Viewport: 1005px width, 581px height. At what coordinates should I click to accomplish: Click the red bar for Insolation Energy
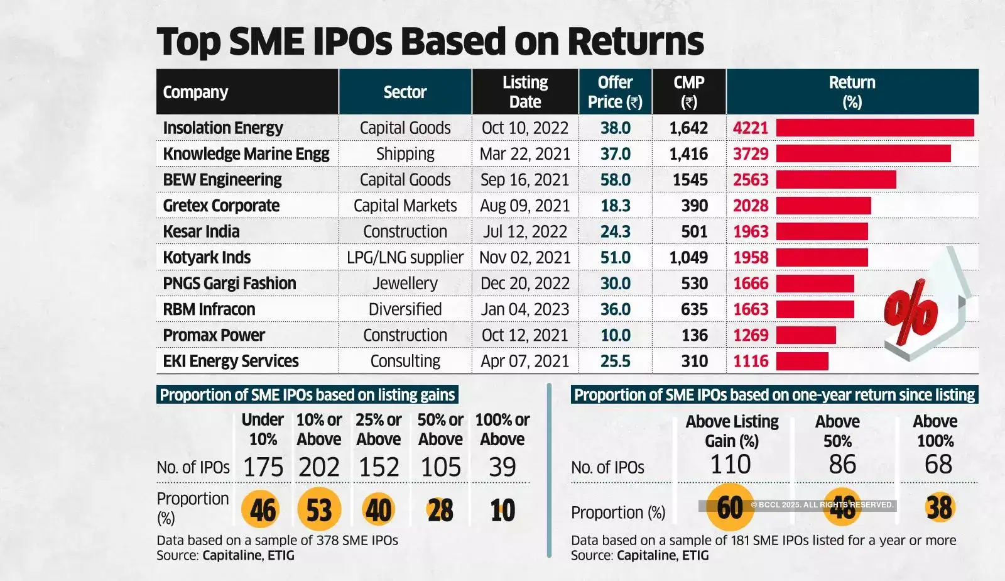click(x=874, y=128)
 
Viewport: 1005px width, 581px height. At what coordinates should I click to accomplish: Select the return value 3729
click(x=751, y=154)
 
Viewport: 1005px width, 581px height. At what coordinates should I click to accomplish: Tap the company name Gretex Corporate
click(x=221, y=206)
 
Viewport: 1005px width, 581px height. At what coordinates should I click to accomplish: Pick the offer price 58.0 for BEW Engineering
click(x=615, y=180)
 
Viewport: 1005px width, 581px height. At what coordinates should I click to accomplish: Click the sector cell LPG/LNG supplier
click(x=405, y=257)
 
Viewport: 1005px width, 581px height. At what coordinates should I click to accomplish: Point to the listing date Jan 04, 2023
click(x=524, y=309)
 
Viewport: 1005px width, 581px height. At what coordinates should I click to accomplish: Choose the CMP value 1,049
click(x=688, y=257)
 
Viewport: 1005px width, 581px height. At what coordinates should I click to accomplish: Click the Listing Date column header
click(x=524, y=92)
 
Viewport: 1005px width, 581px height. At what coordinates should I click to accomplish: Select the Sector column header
click(x=405, y=92)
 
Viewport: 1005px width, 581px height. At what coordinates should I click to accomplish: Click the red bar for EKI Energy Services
click(x=802, y=361)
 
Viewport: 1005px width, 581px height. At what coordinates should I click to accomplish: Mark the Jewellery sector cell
click(x=405, y=284)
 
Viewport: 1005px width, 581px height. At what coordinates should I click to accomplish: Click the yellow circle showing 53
click(x=319, y=509)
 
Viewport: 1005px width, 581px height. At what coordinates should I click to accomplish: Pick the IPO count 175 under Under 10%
click(x=263, y=467)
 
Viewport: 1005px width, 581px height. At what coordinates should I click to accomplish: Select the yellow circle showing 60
click(x=730, y=507)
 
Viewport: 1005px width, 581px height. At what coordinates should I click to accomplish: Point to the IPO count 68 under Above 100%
click(x=938, y=465)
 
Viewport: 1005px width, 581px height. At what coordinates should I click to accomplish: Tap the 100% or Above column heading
click(x=503, y=429)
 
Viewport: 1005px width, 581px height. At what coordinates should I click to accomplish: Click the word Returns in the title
click(x=636, y=41)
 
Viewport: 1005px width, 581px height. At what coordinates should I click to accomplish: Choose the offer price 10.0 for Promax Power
click(x=615, y=335)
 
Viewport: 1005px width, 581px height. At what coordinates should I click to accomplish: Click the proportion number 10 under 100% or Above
click(x=503, y=510)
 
